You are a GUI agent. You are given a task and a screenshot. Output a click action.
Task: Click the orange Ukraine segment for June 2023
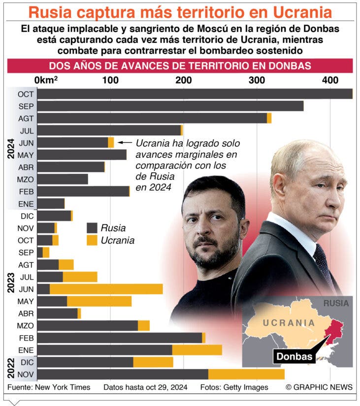tap(106, 289)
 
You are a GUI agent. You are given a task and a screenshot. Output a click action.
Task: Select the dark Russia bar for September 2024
tap(170, 106)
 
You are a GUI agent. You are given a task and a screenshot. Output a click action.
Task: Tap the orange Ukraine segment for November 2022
tap(246, 375)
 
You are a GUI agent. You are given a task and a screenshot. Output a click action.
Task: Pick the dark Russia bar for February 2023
tap(120, 338)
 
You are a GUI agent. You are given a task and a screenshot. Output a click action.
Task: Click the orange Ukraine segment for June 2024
tap(111, 143)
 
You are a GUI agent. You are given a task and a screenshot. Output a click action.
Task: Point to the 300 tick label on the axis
tap(257, 80)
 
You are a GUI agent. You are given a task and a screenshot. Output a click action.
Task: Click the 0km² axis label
tap(46, 80)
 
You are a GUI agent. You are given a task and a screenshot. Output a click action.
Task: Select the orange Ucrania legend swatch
tap(92, 240)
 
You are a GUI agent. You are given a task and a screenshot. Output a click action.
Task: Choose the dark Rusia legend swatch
tap(92, 228)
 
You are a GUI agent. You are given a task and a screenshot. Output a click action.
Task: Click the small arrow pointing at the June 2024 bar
tap(125, 142)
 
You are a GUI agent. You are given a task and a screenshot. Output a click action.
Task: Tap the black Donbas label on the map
tap(294, 357)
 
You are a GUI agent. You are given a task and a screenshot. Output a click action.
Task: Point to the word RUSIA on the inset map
tap(336, 303)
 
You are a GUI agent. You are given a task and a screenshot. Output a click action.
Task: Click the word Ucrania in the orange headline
tap(302, 12)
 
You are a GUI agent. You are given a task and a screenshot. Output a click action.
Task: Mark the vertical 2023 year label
tap(11, 283)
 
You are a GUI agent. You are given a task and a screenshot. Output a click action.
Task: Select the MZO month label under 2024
tap(26, 180)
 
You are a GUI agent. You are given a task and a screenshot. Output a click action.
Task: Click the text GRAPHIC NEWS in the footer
tap(323, 387)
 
